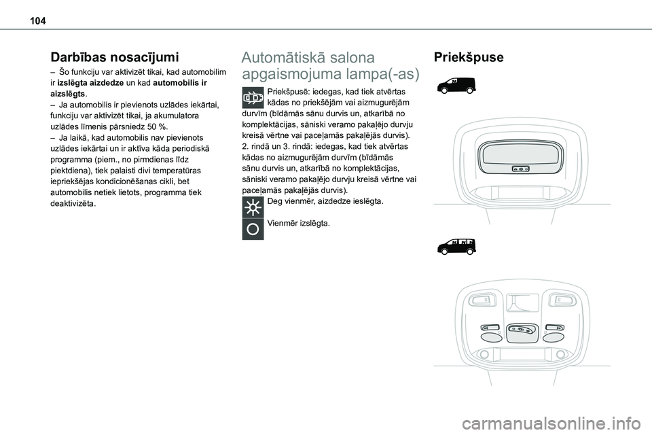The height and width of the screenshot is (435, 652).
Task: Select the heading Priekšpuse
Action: tap(464, 58)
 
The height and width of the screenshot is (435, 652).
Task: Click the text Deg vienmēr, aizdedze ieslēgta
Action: tap(325, 202)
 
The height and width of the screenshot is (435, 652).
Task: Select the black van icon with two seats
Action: tap(456, 85)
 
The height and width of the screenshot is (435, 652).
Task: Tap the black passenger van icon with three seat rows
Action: tap(456, 246)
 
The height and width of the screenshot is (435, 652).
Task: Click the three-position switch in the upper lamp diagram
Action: tap(521, 167)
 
